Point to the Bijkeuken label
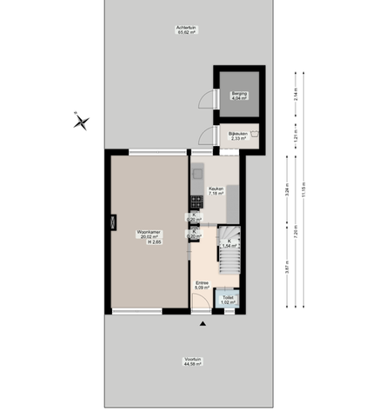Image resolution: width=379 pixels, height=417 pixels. click(x=239, y=136)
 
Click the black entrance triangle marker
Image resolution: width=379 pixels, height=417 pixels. click(x=203, y=323)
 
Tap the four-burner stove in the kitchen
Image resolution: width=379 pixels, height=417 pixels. click(x=195, y=203)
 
